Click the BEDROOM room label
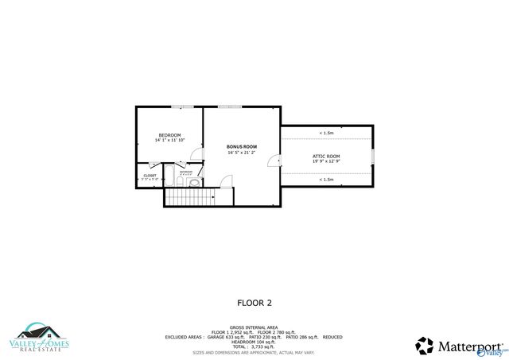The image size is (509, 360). pos(169,135)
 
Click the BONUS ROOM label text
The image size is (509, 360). pos(242,146)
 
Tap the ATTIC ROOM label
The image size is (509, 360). pos(326,156)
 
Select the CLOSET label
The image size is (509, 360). pos(150,176)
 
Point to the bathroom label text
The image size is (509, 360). pos(186,172)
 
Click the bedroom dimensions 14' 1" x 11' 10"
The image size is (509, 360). pos(169,141)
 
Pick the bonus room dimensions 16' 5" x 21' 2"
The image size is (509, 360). pos(242,152)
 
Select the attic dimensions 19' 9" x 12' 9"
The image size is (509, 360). pos(326,161)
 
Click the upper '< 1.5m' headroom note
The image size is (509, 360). pos(326,133)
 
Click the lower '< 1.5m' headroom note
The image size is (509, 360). pos(326,180)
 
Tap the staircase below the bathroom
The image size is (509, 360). pos(191,197)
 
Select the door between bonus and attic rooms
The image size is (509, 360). pos(275,161)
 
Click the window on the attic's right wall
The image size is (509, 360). pos(372,155)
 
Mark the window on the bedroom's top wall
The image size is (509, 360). pos(182,106)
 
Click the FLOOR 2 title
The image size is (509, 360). pos(254,303)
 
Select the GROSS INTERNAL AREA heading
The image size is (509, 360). pos(253,327)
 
